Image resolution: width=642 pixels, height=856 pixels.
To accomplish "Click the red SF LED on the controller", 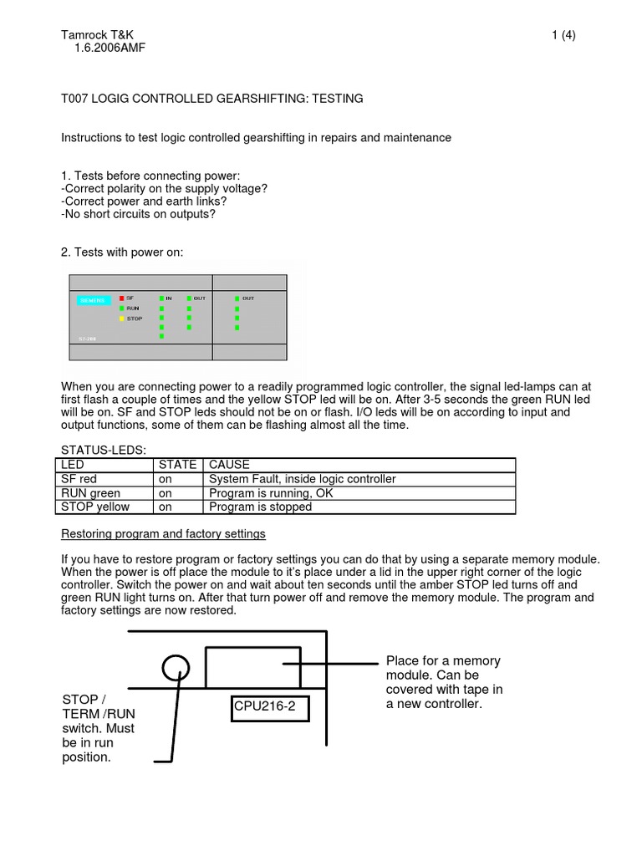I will pos(120,298).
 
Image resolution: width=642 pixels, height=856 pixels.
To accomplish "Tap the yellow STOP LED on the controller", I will pos(120,318).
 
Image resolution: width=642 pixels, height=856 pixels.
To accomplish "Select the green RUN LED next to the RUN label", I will pos(120,308).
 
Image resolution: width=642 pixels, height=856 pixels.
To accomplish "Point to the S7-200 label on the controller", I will pos(77,339).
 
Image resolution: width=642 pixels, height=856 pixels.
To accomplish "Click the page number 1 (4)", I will pos(563,35).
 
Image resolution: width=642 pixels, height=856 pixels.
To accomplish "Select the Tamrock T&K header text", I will pos(97,35).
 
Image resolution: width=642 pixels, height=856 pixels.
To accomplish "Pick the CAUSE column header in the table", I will pos(229,465).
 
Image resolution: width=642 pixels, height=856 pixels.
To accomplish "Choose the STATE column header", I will pos(177,465).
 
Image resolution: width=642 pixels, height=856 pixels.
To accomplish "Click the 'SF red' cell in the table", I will pos(80,479).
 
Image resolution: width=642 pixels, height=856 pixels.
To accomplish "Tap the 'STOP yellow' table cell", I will pos(94,507).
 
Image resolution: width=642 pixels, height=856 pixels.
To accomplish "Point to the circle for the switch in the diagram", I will pos(176,668).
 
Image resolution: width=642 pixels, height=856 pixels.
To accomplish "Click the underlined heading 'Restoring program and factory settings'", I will pos(163,533).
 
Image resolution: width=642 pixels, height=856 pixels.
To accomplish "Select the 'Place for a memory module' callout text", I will pos(444,682).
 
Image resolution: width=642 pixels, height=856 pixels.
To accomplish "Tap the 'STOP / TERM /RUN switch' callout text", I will pos(99,727).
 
